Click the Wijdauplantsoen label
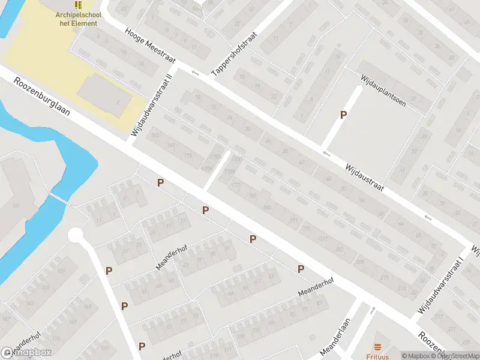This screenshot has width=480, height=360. [x=383, y=91]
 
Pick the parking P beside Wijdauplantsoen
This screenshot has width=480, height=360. [x=344, y=115]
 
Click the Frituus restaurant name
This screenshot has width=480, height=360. [x=377, y=356]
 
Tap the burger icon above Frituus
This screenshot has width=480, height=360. [x=377, y=346]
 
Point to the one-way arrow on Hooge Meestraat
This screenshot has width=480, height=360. [x=194, y=73]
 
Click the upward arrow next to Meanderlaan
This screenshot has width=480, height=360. [x=374, y=310]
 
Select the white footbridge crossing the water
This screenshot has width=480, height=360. [x=58, y=199]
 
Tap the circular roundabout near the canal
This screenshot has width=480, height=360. [x=76, y=235]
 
